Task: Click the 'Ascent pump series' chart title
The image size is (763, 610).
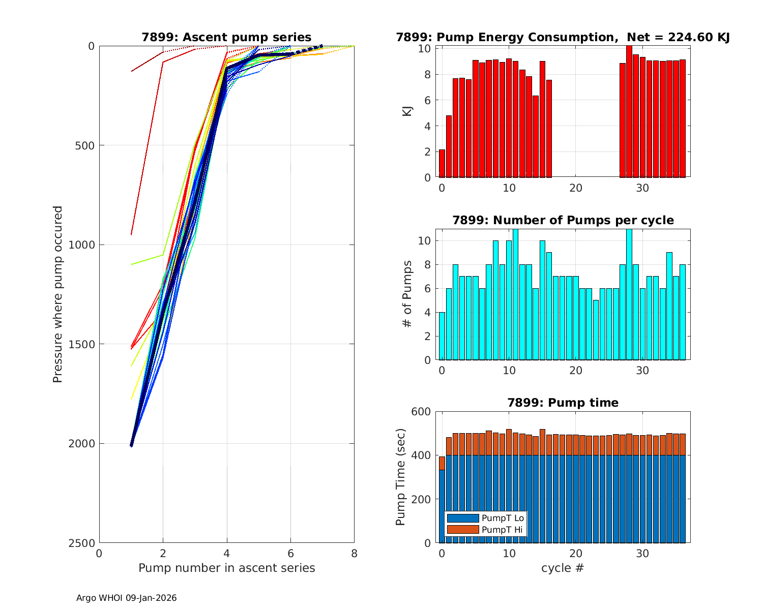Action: (x=226, y=37)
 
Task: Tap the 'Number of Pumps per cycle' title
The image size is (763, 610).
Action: (x=563, y=220)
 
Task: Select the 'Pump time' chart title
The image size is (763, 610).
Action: (x=563, y=403)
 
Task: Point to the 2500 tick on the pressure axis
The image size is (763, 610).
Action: (x=83, y=543)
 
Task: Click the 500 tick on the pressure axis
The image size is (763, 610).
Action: (x=86, y=145)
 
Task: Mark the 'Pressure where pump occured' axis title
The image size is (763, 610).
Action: (x=57, y=294)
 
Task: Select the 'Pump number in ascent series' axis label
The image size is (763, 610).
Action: (x=226, y=568)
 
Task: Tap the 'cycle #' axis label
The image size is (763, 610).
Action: (x=563, y=568)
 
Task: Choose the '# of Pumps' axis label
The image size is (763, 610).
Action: (x=407, y=294)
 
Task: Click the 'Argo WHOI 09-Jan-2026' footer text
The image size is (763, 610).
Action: (x=126, y=598)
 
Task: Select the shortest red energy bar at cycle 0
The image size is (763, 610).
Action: (x=442, y=163)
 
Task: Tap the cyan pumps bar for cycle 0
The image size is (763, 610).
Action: (x=442, y=336)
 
